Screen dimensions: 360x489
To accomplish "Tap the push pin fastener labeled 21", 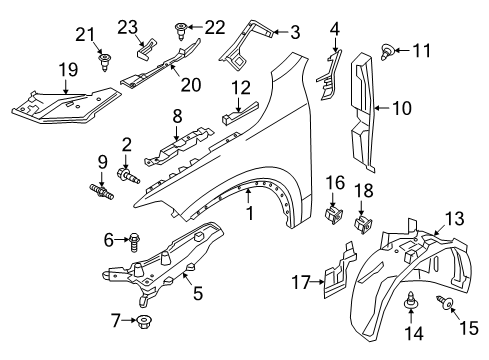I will pos(104,64).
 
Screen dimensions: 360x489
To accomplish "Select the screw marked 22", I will pos(181,29).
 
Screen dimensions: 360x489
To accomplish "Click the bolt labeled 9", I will pos(103,190).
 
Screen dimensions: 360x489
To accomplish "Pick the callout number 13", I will pos(454,246).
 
